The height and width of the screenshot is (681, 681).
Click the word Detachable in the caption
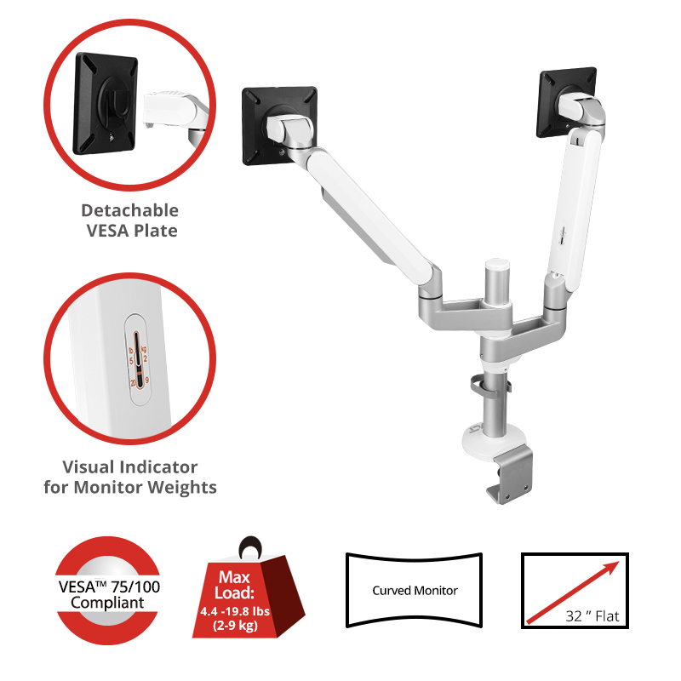[x=129, y=210]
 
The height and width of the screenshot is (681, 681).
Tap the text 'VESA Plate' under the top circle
[x=129, y=231]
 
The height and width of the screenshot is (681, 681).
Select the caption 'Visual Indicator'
[x=129, y=467]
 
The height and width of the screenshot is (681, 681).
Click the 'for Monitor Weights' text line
[x=129, y=488]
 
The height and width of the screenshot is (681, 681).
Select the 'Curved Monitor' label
[x=415, y=591]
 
